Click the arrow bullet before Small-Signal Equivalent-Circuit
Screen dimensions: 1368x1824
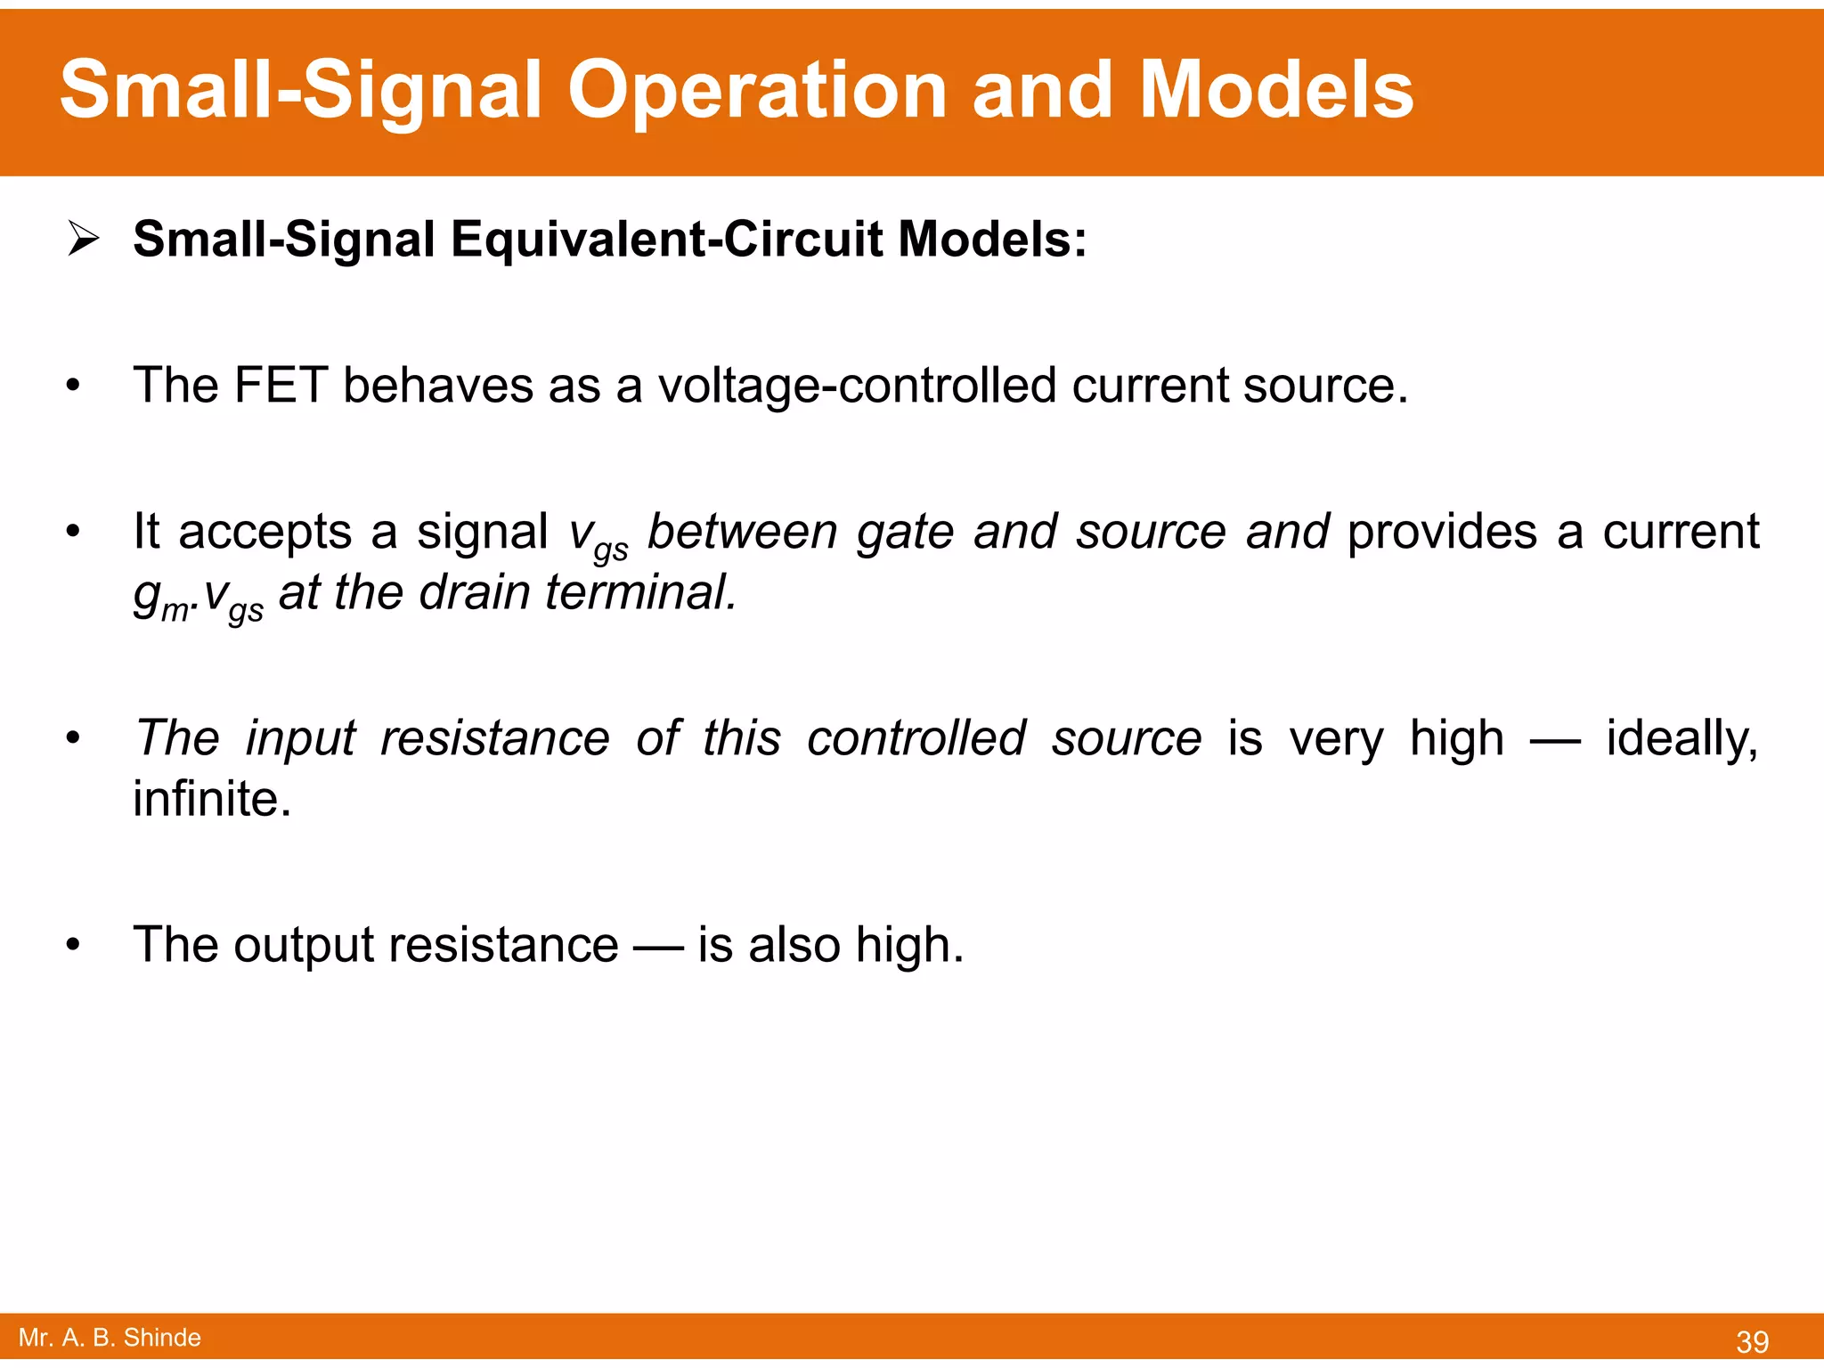(x=83, y=239)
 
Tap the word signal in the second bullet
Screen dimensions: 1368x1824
(x=482, y=532)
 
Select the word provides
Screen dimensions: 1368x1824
(x=1442, y=532)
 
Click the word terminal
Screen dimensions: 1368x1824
(x=640, y=592)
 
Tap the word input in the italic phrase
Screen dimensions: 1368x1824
(x=300, y=738)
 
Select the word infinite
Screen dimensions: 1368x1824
(x=212, y=799)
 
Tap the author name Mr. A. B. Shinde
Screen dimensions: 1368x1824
(x=110, y=1338)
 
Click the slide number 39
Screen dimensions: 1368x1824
(x=1752, y=1341)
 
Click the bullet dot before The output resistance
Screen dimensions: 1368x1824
(x=73, y=945)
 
